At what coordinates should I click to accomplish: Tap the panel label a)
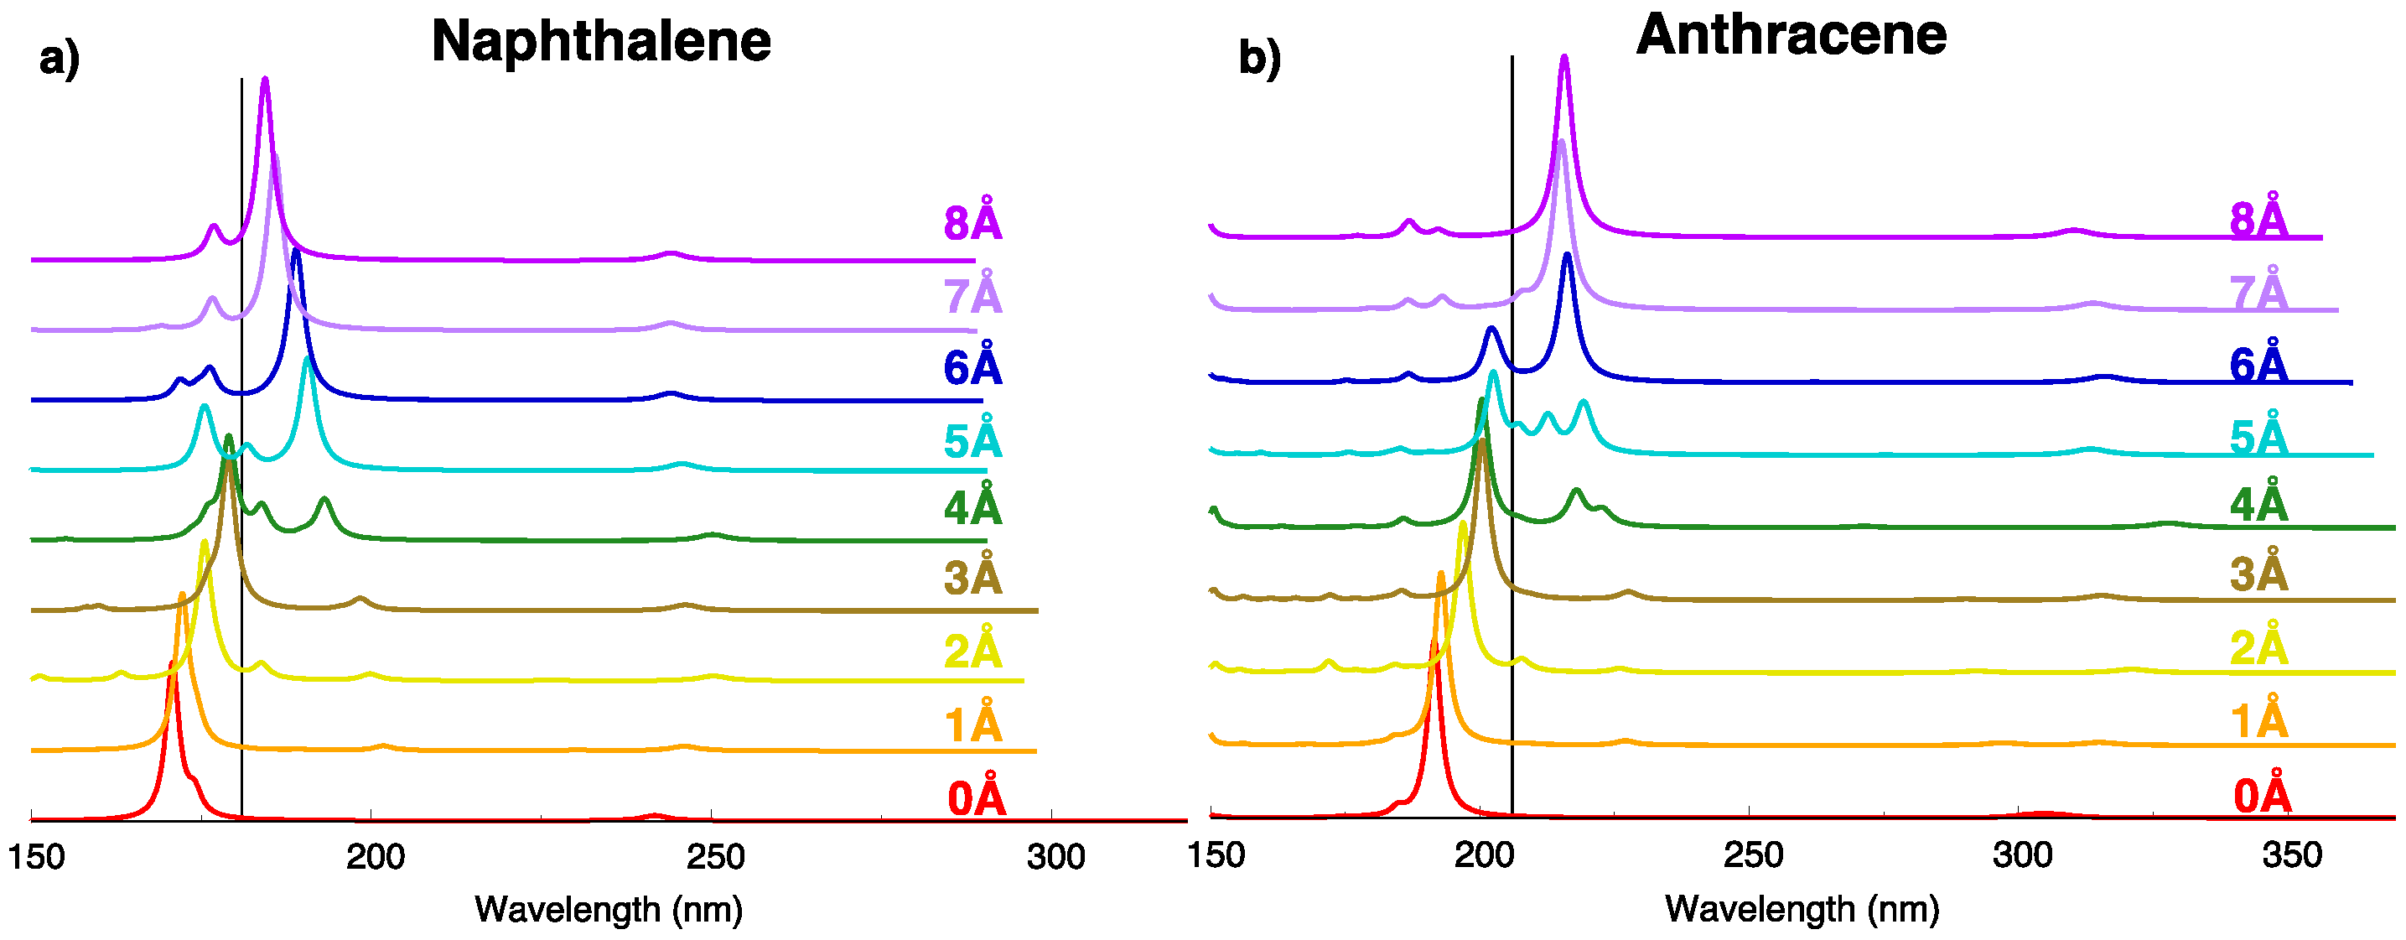59,59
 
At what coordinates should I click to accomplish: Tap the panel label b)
1259,58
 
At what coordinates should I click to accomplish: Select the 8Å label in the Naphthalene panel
972,222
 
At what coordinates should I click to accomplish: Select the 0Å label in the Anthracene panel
2261,795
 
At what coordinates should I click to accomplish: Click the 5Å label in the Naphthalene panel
972,440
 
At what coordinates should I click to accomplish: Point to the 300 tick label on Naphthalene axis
1055,856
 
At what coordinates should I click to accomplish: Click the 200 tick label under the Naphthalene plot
375,856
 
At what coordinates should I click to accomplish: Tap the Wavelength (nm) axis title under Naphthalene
608,908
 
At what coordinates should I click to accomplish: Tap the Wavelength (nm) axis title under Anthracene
1802,908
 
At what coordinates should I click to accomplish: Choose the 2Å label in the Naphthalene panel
972,649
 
